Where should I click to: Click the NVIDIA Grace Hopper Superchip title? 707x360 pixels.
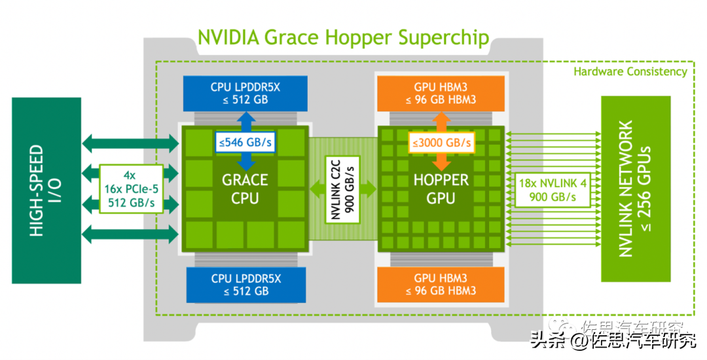tap(344, 37)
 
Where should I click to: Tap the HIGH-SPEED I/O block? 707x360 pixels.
tap(46, 190)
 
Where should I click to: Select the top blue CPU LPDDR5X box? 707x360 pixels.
tap(245, 93)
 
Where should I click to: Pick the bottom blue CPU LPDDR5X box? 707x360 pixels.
tap(246, 285)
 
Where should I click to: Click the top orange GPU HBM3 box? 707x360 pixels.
tap(441, 93)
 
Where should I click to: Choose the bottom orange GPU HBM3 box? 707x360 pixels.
tap(441, 285)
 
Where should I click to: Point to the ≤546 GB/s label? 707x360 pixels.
tap(245, 143)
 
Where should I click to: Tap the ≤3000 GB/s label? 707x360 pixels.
tap(441, 143)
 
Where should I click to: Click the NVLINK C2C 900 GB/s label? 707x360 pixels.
tap(342, 189)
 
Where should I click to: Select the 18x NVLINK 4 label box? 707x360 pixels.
tap(553, 190)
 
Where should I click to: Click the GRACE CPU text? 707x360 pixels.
tap(245, 189)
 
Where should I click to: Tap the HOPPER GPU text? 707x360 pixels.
tap(441, 189)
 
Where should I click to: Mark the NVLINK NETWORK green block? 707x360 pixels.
tap(636, 189)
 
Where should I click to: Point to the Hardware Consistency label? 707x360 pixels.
tap(630, 71)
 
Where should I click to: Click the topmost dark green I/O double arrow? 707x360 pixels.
tap(130, 143)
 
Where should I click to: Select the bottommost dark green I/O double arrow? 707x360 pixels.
tap(130, 234)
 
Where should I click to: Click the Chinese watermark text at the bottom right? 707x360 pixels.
tap(613, 340)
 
